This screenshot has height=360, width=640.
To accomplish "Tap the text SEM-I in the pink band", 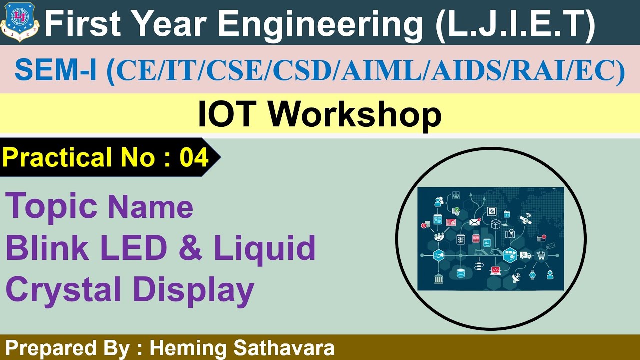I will tap(56, 70).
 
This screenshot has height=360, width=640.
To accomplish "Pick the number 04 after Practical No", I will tap(194, 158).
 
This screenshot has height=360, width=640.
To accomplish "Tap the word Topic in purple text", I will tap(52, 206).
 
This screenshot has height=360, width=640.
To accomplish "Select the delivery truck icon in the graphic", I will tap(525, 255).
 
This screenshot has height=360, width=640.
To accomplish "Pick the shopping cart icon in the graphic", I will tap(541, 255).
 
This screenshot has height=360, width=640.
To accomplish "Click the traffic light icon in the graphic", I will tap(461, 240).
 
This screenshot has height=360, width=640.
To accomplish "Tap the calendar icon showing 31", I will tap(506, 214).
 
